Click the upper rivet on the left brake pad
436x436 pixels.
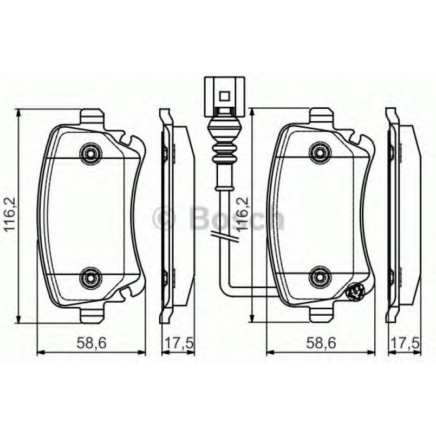90,153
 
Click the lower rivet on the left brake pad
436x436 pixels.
90,278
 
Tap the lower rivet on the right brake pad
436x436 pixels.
320,278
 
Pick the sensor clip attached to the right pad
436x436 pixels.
355,293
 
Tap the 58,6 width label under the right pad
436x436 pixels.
320,342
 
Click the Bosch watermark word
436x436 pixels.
235,219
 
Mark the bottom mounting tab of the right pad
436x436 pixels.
321,314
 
